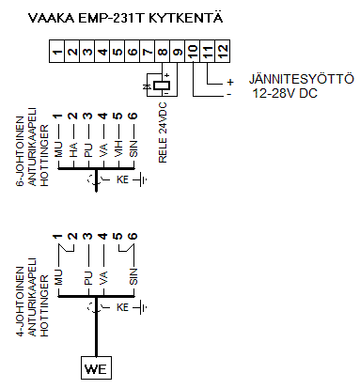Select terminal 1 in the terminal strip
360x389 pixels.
(57, 53)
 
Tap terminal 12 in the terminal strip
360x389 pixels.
(223, 53)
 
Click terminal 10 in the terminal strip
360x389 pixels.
(193, 53)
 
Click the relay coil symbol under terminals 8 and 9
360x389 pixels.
(163, 86)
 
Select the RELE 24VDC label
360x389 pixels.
(163, 137)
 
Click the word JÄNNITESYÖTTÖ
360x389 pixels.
(293, 80)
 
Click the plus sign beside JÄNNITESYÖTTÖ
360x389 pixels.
(228, 82)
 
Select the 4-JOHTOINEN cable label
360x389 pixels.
(20, 299)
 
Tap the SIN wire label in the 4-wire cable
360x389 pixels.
(133, 275)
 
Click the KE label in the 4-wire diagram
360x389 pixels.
(122, 307)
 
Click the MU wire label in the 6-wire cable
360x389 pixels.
(57, 151)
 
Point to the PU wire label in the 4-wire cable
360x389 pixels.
(87, 276)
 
